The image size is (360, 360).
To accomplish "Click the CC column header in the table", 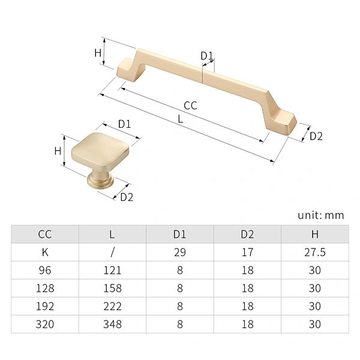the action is tap(45, 234).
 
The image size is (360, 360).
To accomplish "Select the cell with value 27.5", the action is tap(315, 252).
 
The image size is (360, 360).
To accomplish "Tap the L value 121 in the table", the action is tap(112, 270).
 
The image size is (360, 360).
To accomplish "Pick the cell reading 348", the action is tap(112, 324).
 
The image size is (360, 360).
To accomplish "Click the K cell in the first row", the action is tap(45, 252).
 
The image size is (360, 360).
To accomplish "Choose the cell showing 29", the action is tap(180, 252).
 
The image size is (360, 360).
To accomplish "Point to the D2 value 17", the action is tap(247, 252).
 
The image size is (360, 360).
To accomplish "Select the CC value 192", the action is tap(45, 306).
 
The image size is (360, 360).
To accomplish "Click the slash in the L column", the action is tap(112, 253).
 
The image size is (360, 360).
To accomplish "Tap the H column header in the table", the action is tap(315, 234).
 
